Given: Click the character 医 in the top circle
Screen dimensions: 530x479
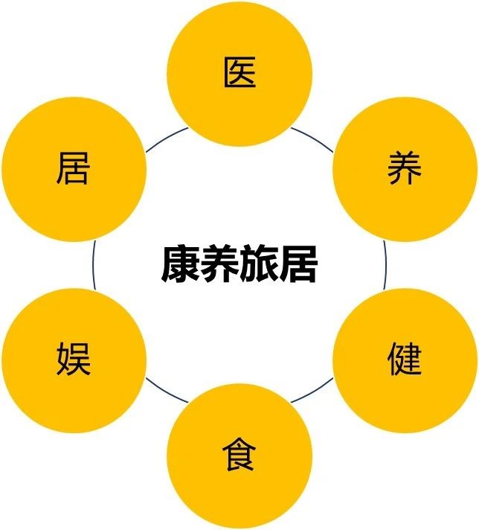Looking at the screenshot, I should point(239,73).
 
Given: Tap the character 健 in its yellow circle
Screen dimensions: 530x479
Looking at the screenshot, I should point(405,359).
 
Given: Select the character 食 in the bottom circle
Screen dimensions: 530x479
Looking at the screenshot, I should point(239,455).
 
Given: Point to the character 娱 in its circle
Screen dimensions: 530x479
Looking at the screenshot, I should point(74,359).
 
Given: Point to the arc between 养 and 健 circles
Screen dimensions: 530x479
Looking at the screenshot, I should point(385,264).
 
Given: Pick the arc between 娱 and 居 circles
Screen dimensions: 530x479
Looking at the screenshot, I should point(94,264).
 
